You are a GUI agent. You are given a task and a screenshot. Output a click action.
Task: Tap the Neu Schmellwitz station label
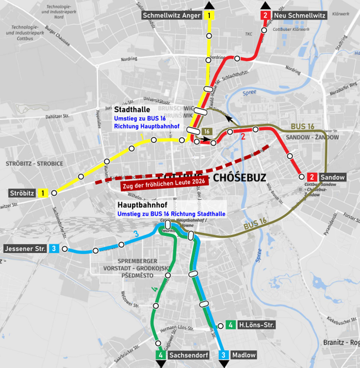tap(300, 15)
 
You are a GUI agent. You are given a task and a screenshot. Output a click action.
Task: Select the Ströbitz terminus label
tap(22, 193)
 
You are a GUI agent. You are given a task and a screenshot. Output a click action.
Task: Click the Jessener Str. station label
tap(25, 249)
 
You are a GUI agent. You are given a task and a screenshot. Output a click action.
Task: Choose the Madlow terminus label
tap(243, 355)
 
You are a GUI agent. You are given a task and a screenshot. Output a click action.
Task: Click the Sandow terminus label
tap(332, 177)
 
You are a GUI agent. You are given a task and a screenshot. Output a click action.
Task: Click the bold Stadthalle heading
tap(132, 110)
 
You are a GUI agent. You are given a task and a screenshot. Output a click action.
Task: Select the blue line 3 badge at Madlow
tap(223, 355)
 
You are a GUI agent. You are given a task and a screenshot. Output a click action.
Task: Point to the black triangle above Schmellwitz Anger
tap(209, 5)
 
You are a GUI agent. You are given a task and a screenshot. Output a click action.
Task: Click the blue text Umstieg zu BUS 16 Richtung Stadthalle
tap(171, 214)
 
